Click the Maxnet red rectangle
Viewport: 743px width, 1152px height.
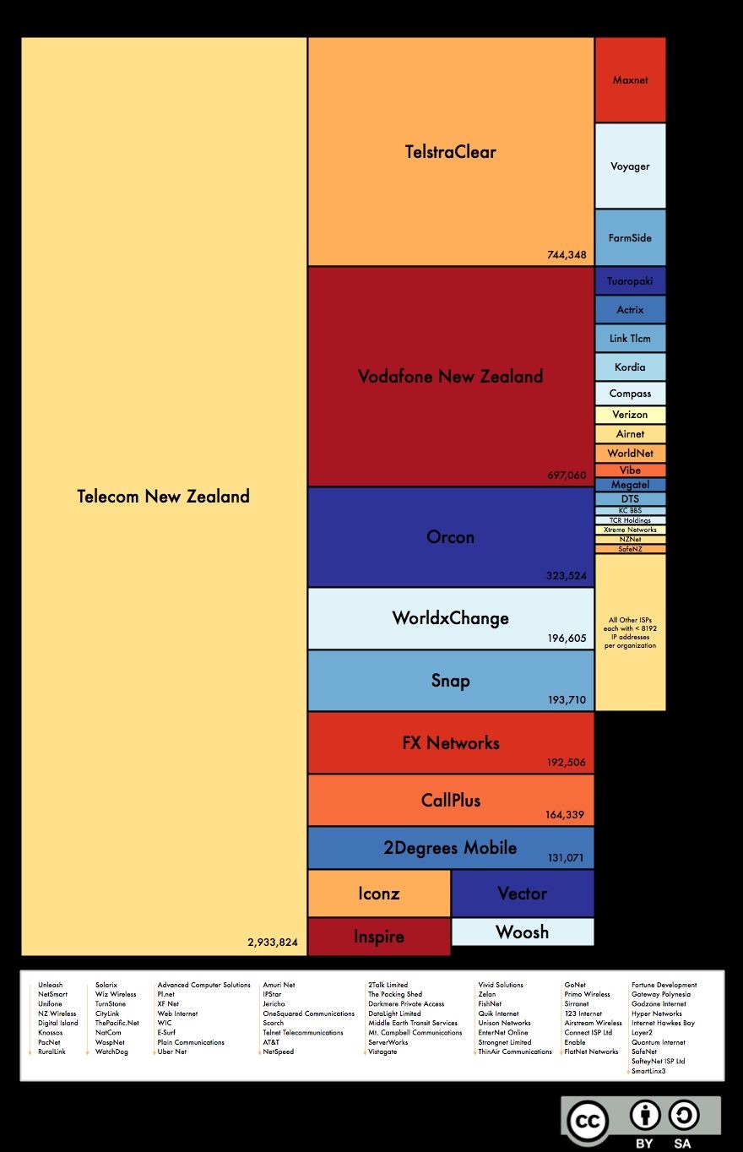(630, 80)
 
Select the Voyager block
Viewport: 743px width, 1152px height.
(630, 166)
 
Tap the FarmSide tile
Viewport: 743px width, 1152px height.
(630, 238)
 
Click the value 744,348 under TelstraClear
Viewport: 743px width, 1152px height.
(566, 254)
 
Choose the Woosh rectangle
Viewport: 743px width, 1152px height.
(522, 932)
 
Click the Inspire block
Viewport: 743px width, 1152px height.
(378, 937)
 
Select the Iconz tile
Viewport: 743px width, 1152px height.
(378, 894)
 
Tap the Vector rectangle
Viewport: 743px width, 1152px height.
(522, 894)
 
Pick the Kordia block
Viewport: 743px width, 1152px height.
(630, 367)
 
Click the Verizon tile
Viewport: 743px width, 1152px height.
(630, 415)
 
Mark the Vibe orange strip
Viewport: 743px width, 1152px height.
(630, 470)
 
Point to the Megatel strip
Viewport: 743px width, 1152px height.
(630, 485)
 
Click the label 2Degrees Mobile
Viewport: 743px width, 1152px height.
(450, 848)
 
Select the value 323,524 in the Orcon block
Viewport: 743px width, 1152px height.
(566, 576)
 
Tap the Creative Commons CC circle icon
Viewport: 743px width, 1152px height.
(588, 1121)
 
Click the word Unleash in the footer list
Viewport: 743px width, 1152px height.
(50, 985)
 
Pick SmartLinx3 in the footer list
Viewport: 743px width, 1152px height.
(648, 1071)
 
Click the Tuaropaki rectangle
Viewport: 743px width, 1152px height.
(630, 281)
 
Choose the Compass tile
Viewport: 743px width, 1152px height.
(630, 394)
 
